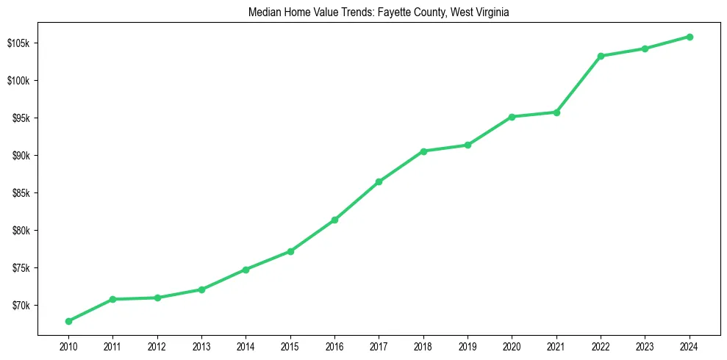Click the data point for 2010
click(68, 321)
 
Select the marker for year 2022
click(601, 56)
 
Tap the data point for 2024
click(690, 37)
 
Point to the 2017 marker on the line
click(379, 181)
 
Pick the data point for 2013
click(201, 289)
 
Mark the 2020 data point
click(512, 117)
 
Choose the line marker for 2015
click(290, 251)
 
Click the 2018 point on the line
click(423, 151)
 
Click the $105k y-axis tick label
click(18, 43)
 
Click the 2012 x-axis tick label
click(157, 346)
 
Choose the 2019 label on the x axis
click(468, 346)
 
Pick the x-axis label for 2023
click(645, 346)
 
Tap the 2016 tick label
click(334, 346)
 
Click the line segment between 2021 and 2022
click(579, 84)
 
